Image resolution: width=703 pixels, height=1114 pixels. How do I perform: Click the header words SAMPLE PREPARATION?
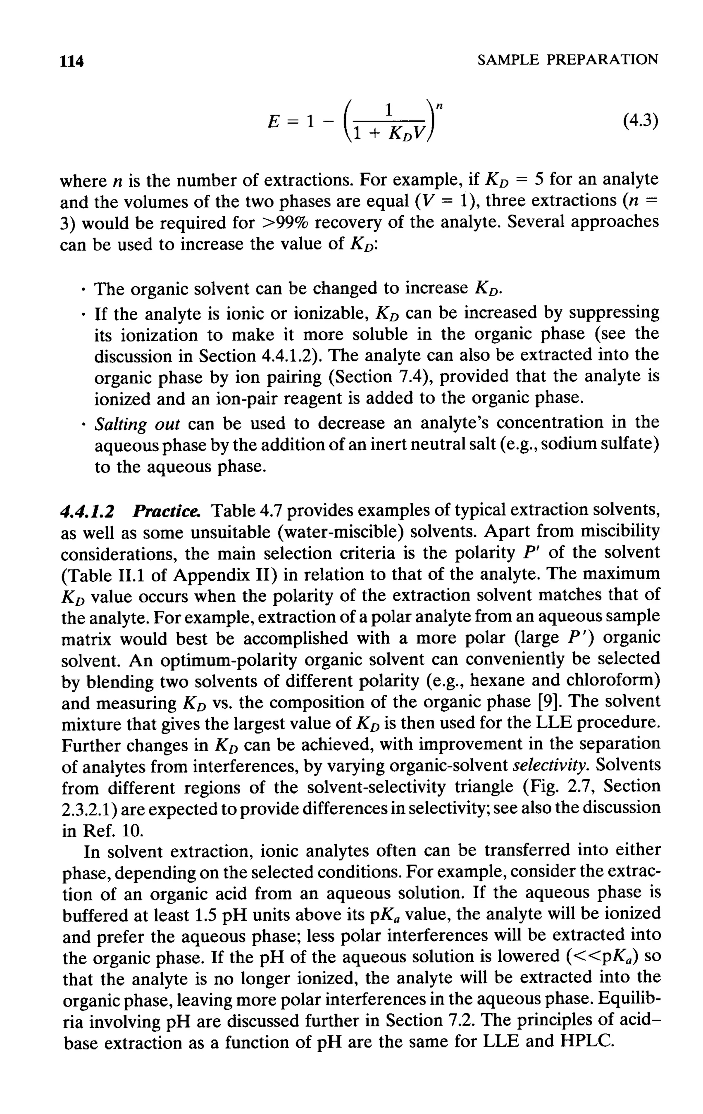[x=567, y=60]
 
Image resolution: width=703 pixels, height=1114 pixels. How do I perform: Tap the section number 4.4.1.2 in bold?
[x=88, y=511]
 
